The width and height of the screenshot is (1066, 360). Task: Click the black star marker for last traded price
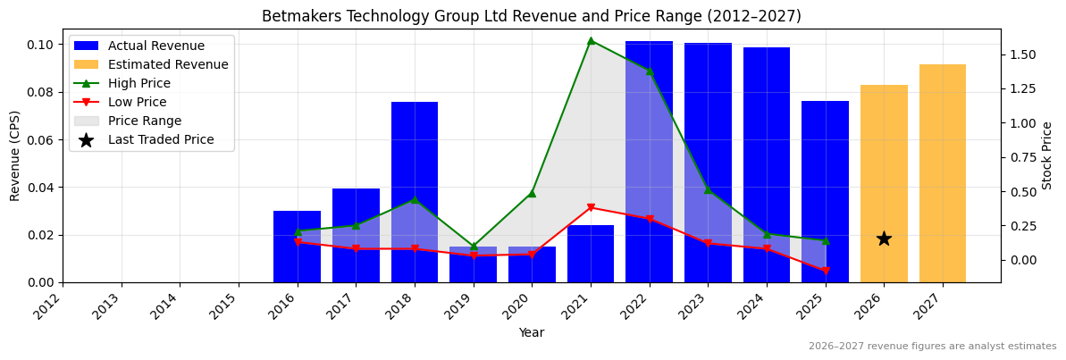click(x=884, y=239)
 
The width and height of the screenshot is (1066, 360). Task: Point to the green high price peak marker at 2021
click(x=591, y=41)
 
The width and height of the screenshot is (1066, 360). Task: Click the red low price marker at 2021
click(x=591, y=208)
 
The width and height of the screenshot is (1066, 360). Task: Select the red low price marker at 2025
click(x=825, y=271)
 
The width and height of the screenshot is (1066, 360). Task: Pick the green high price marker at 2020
click(x=532, y=193)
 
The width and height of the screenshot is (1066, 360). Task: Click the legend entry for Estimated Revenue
click(x=167, y=64)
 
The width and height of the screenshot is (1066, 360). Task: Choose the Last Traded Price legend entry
click(x=161, y=139)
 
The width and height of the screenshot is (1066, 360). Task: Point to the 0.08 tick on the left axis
click(x=40, y=92)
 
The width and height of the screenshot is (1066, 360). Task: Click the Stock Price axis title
click(x=1047, y=155)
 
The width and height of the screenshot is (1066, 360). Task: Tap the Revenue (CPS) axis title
click(x=15, y=155)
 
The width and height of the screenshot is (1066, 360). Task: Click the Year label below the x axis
click(x=531, y=332)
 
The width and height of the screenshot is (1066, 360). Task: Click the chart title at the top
click(x=531, y=16)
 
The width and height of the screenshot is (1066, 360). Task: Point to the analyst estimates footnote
click(x=932, y=347)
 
